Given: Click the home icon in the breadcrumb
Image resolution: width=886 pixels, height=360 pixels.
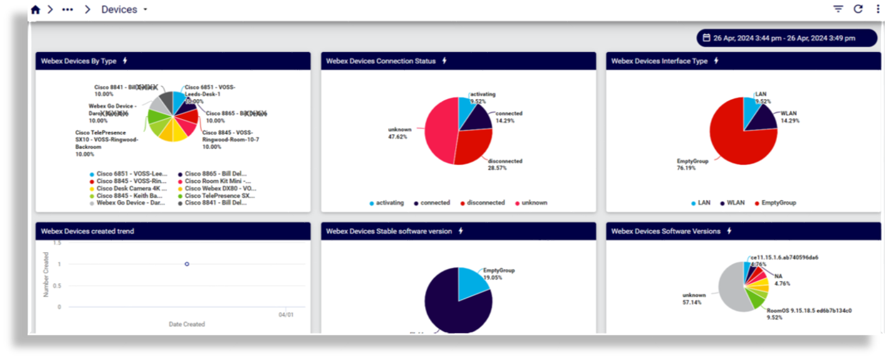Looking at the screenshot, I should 35,9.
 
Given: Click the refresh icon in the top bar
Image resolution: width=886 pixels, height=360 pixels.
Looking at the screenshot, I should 858,9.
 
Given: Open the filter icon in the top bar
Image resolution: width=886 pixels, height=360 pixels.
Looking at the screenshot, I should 838,9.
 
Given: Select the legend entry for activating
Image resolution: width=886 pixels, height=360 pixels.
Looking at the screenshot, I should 387,203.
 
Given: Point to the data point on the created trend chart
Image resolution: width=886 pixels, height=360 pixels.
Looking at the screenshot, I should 187,264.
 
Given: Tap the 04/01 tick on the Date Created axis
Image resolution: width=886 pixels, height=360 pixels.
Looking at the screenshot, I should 286,315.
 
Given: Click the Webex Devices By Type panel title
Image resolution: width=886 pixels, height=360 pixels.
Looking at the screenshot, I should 79,61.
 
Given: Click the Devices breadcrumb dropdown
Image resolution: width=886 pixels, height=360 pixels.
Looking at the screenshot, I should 124,9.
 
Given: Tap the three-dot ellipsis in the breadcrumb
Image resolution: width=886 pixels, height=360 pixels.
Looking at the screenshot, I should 68,9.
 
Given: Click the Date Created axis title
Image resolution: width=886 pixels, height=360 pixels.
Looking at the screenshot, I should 187,324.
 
